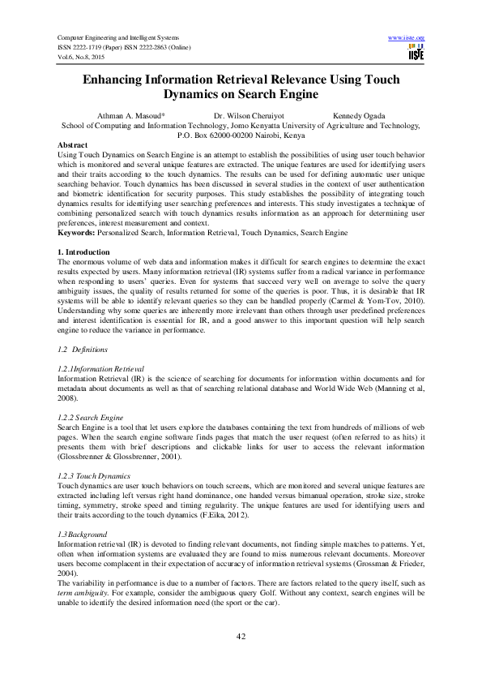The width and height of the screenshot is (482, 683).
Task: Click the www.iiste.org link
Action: [407, 38]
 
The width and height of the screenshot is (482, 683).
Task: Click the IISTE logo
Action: [416, 53]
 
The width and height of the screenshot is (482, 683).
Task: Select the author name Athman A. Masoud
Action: [130, 116]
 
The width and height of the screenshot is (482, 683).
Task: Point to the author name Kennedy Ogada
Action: [359, 116]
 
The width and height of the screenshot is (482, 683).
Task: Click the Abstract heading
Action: [76, 144]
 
